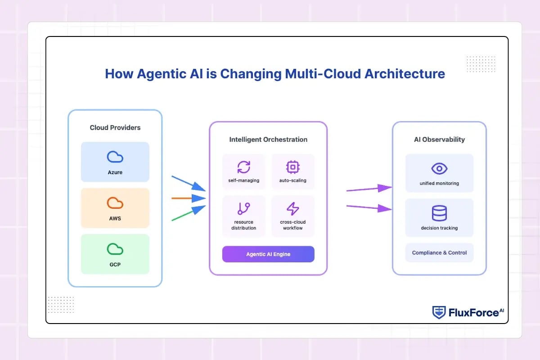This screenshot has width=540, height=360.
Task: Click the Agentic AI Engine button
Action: click(268, 254)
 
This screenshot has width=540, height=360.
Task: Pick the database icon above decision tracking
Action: click(439, 213)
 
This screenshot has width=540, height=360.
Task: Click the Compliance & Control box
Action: click(439, 253)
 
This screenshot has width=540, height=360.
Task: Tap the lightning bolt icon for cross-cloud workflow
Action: click(292, 208)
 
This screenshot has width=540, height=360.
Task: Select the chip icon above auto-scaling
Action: click(292, 167)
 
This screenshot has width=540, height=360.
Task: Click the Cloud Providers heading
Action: click(115, 127)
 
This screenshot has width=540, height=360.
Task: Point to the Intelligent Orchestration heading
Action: click(268, 139)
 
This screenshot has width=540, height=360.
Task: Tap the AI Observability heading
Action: click(439, 139)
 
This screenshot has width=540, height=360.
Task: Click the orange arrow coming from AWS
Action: click(189, 198)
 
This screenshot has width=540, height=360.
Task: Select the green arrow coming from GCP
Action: click(189, 213)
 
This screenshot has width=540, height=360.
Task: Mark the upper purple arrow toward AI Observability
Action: click(369, 189)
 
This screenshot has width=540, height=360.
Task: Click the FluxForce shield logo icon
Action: click(439, 312)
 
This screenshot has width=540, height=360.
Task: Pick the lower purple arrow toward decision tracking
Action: click(369, 207)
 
